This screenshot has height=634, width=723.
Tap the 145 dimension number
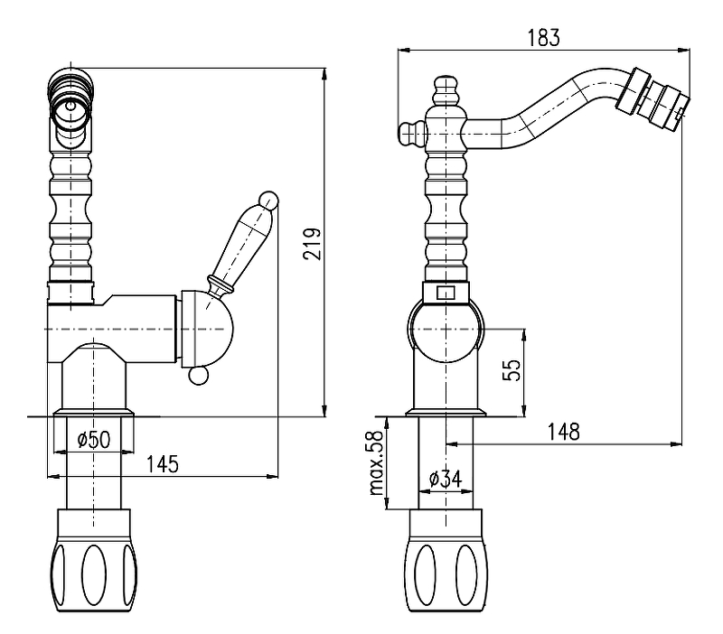point(163,464)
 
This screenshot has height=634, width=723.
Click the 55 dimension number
point(512,371)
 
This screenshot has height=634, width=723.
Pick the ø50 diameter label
point(93,440)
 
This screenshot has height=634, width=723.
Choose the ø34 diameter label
point(446,480)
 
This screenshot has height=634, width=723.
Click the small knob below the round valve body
point(198,377)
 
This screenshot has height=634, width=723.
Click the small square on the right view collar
point(444,293)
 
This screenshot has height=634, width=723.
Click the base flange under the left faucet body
point(94,413)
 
